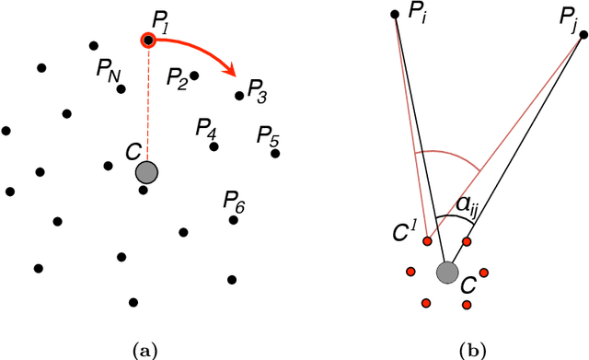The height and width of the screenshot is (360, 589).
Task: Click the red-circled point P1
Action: tap(148, 41)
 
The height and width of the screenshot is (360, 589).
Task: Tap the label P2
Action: tap(178, 80)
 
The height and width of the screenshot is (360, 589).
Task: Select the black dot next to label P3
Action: tap(239, 95)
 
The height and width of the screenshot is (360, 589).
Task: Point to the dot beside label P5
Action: tap(275, 153)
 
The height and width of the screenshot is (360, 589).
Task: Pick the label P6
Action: tap(235, 202)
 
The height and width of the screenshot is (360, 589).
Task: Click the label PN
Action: tap(108, 71)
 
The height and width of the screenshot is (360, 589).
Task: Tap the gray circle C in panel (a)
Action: tap(146, 172)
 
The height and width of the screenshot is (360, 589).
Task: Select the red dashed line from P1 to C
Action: tap(147, 101)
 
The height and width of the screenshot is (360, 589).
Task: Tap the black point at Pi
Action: tap(395, 14)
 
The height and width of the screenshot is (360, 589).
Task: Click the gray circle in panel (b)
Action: tap(447, 272)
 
